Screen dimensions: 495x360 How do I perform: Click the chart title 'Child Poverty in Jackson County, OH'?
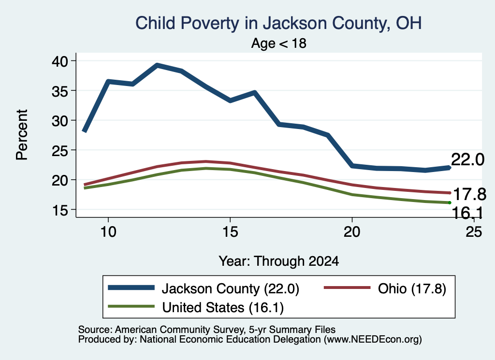(278, 24)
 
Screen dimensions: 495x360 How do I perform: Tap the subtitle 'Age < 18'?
(279, 43)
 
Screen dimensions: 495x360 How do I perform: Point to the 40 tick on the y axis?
(60, 61)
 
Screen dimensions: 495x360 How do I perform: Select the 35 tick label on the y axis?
(60, 90)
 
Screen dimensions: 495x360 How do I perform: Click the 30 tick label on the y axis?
(60, 120)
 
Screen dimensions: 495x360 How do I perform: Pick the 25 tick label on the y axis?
(60, 150)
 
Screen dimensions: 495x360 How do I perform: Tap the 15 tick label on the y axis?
(60, 210)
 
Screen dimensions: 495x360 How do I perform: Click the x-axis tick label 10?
(108, 232)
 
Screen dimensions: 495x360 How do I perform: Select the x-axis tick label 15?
(230, 232)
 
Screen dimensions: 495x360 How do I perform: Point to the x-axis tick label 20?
(352, 232)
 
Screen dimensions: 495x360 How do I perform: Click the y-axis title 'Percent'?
(22, 135)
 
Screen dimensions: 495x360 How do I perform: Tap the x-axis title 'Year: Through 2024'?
(279, 261)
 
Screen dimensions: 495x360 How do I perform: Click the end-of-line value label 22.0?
(467, 159)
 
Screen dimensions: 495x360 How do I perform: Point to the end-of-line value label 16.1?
(467, 213)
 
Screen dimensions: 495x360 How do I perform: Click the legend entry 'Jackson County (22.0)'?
(230, 288)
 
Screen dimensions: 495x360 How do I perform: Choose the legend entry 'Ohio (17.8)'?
(412, 288)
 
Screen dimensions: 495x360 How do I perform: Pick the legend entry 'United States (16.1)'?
(223, 307)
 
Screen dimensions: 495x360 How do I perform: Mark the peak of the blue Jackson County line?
(157, 65)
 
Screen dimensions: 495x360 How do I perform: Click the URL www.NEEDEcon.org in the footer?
(373, 340)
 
